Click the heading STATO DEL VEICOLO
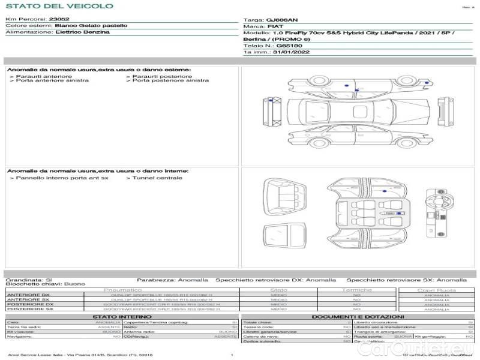pos(59,6)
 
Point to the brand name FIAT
pos(277,28)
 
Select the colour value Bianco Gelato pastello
pos(91,26)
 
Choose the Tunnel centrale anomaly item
pos(157,178)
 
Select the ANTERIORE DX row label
pos(28,295)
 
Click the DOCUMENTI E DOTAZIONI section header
pos(358,316)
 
